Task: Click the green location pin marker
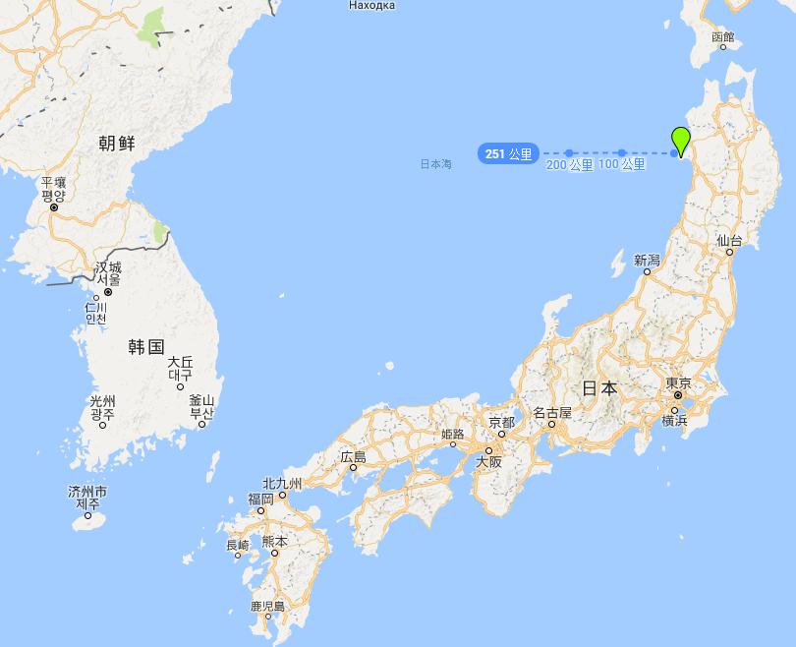click(679, 140)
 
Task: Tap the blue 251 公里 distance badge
click(508, 153)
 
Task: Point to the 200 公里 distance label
click(569, 165)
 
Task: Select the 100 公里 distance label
click(621, 164)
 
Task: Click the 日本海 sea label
click(435, 164)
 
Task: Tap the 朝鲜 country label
click(117, 144)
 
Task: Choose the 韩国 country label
click(145, 346)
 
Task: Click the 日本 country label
click(599, 388)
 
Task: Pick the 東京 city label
click(678, 383)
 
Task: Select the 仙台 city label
click(728, 240)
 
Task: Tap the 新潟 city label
click(647, 260)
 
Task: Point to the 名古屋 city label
click(551, 413)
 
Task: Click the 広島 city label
click(353, 456)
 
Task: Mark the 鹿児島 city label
click(267, 606)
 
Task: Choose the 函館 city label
click(722, 38)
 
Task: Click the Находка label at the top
click(371, 6)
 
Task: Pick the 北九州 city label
click(283, 483)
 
